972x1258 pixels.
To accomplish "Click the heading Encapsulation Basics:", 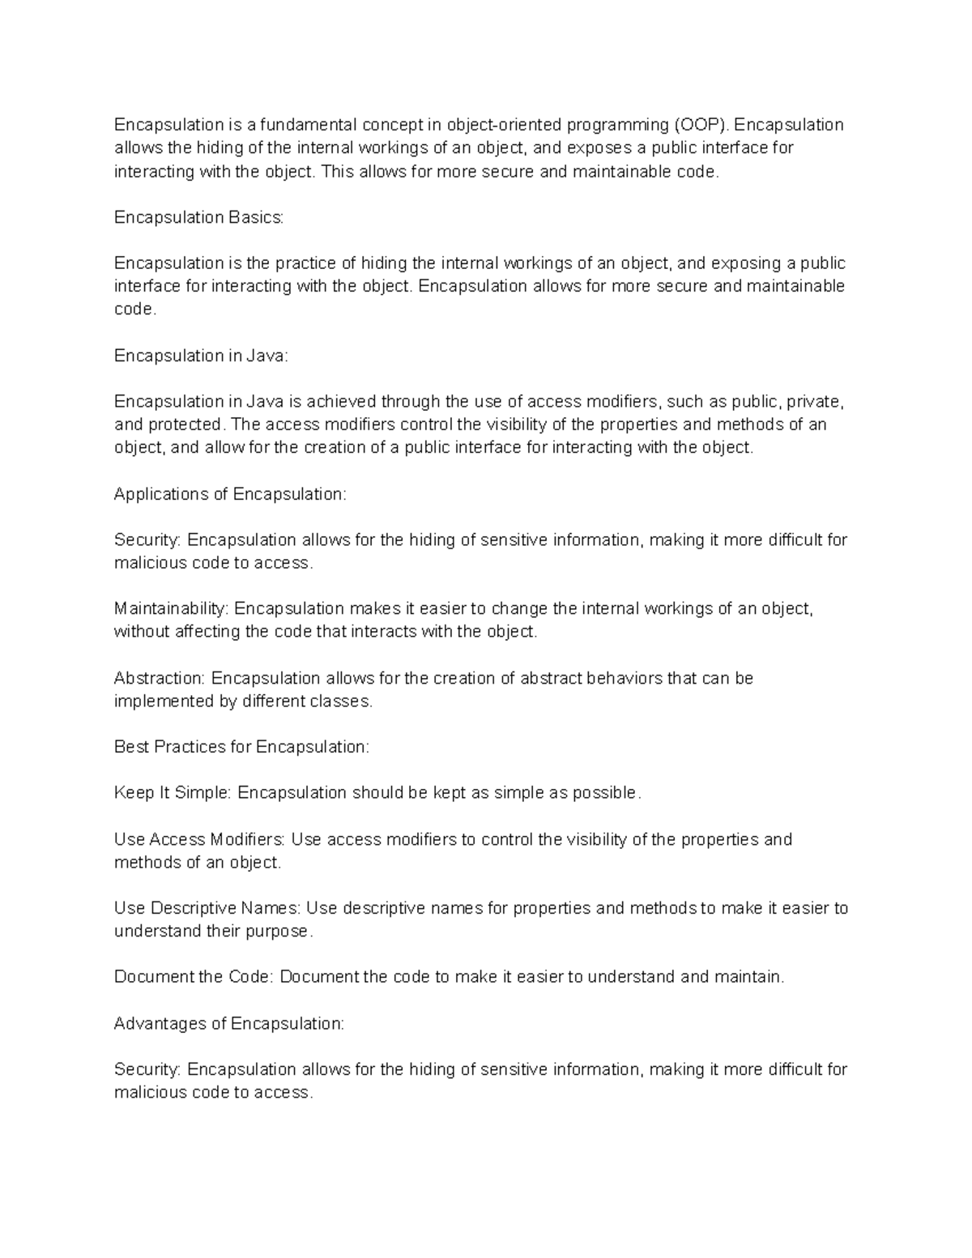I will point(199,217).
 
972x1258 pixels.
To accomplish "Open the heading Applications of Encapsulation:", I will point(230,494).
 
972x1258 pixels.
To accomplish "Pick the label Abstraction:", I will point(160,678).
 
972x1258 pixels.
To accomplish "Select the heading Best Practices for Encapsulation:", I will point(241,747).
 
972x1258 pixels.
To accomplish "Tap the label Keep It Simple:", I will point(173,793).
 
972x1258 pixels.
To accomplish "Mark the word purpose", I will point(282,932).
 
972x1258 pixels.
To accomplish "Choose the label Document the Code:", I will point(194,977).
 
